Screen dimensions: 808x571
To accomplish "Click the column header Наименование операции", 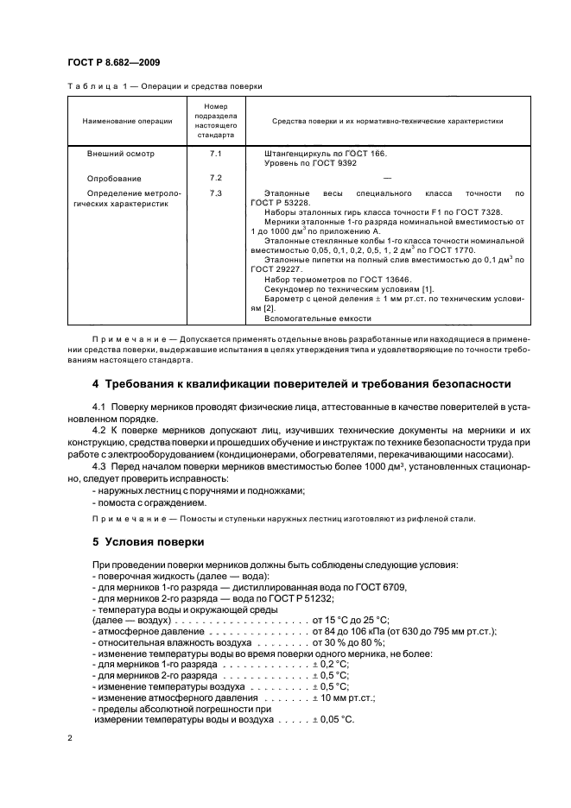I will point(127,122).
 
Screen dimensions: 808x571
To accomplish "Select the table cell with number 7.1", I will point(215,154).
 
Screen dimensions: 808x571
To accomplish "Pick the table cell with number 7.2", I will point(215,177).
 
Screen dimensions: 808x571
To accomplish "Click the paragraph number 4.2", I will point(99,428).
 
